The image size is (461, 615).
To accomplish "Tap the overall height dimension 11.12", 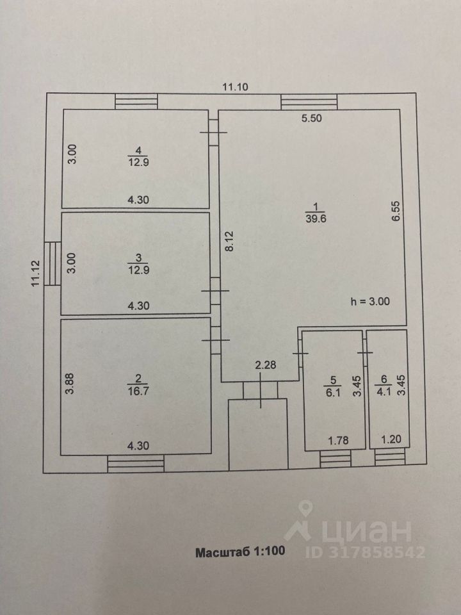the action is click(36, 274).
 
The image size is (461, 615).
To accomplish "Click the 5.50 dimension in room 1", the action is click(312, 119).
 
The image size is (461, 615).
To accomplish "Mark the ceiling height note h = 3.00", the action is click(370, 301).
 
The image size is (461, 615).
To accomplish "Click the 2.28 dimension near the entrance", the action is click(266, 366).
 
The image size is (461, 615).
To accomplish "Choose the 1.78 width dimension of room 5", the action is click(337, 440).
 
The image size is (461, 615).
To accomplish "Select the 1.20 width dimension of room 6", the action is click(390, 440).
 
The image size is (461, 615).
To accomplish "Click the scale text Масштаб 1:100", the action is click(239, 552).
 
